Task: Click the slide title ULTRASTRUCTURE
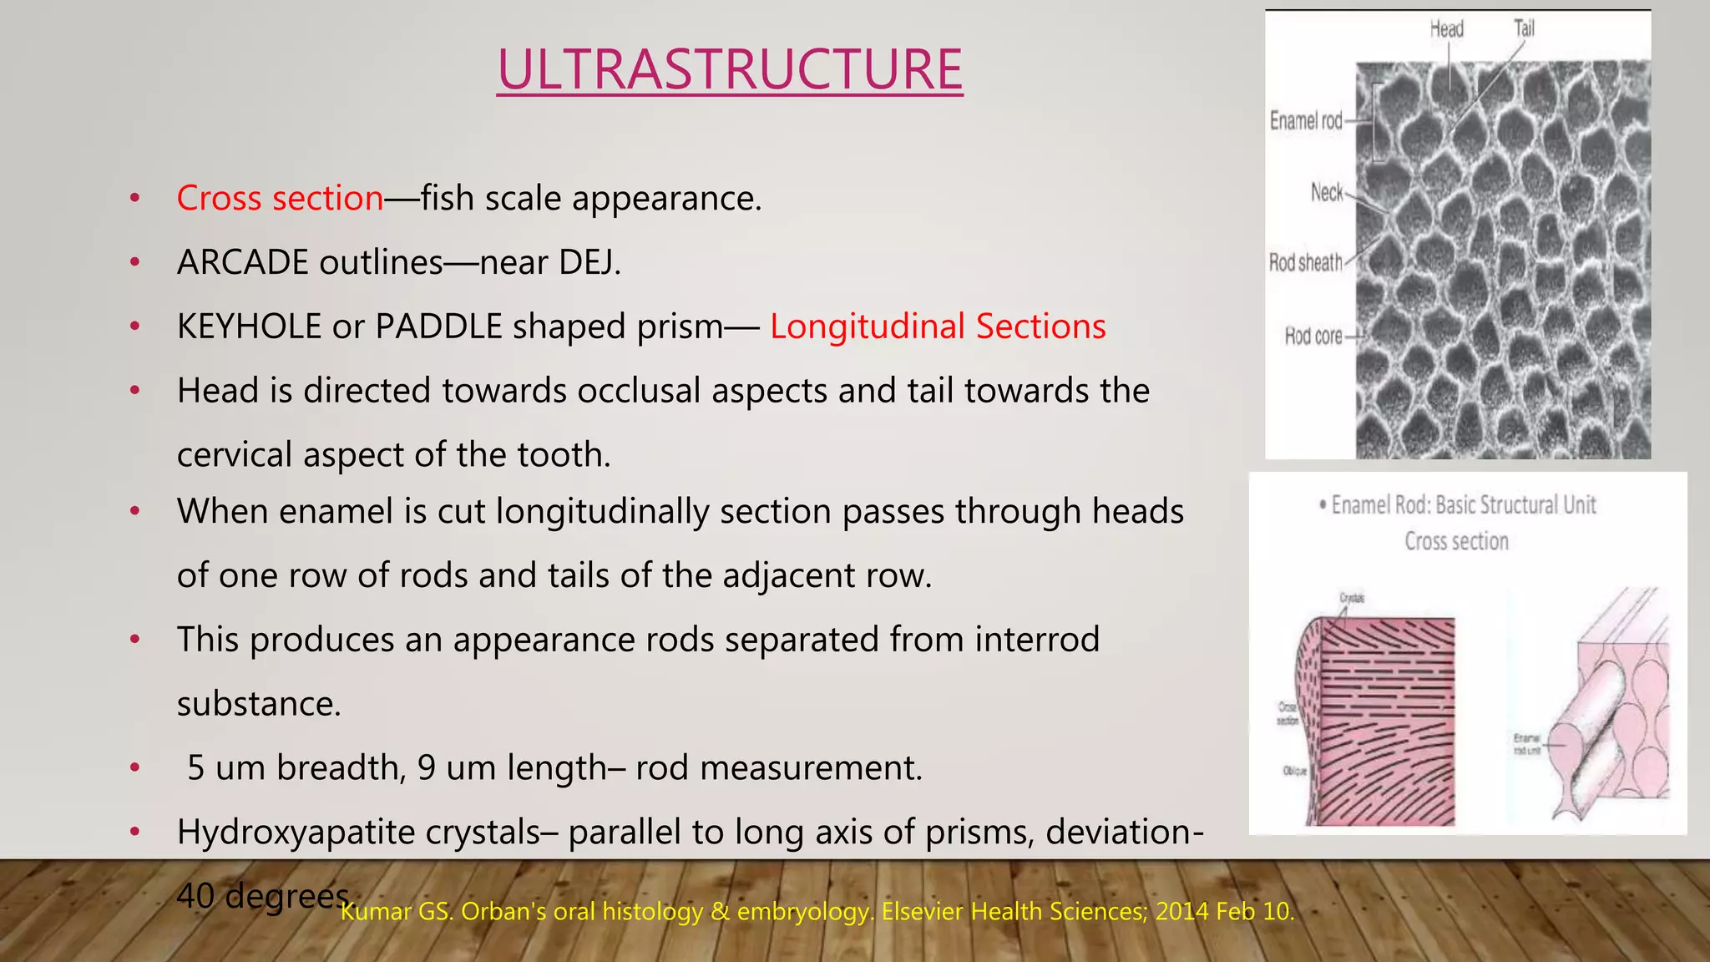coord(730,69)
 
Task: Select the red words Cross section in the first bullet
coord(280,199)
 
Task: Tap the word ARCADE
coord(242,263)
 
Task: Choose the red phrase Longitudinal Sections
coord(937,327)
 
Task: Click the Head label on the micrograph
coord(1446,29)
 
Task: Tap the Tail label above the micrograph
coord(1524,28)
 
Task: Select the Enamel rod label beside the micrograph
coord(1306,121)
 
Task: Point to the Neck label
coord(1327,193)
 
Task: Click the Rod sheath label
coord(1305,263)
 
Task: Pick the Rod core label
coord(1313,337)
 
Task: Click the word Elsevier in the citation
coord(919,911)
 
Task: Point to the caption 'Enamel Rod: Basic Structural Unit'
coord(1463,505)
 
